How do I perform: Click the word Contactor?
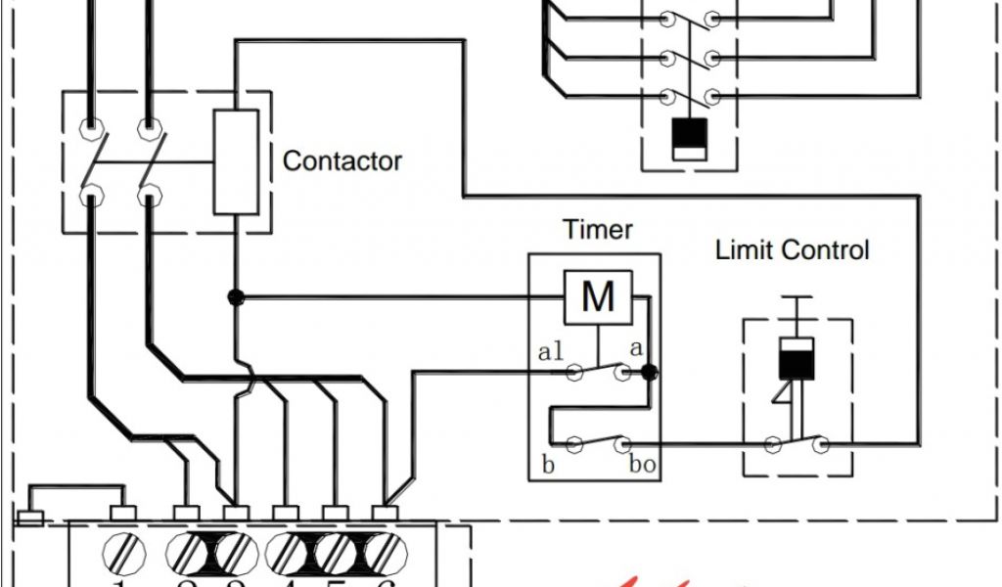pyautogui.click(x=342, y=160)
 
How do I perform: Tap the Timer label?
pyautogui.click(x=597, y=230)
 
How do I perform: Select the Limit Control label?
pyautogui.click(x=792, y=249)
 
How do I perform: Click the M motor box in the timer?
pyautogui.click(x=597, y=296)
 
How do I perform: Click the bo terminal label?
pyautogui.click(x=642, y=465)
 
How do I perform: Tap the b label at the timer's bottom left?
pyautogui.click(x=548, y=465)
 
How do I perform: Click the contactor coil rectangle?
pyautogui.click(x=236, y=161)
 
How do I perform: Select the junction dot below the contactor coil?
pyautogui.click(x=236, y=296)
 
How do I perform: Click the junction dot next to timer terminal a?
pyautogui.click(x=649, y=372)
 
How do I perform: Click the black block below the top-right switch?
pyautogui.click(x=691, y=138)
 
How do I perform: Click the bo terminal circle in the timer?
pyautogui.click(x=620, y=445)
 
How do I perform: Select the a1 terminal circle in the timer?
pyautogui.click(x=575, y=372)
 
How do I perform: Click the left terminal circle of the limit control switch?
pyautogui.click(x=773, y=445)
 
